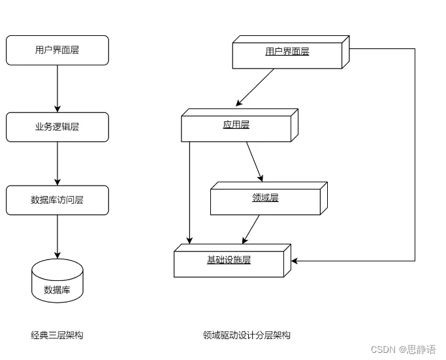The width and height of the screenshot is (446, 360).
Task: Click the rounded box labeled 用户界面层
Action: coord(57,50)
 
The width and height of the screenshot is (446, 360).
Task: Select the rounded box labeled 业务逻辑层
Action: coord(57,127)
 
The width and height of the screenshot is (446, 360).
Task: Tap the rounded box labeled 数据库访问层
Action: coord(57,200)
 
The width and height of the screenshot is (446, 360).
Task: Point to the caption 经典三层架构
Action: coord(57,335)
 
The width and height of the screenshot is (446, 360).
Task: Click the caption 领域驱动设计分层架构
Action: coord(246,335)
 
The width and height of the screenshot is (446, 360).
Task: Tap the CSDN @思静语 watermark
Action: coord(403,350)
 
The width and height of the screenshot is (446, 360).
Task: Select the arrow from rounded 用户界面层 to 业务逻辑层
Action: coord(57,88)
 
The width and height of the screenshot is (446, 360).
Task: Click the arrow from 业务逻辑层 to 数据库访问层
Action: coord(57,163)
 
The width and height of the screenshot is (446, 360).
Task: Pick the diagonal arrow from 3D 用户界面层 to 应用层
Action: coord(255,87)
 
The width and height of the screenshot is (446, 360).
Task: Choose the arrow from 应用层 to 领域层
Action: coord(255,161)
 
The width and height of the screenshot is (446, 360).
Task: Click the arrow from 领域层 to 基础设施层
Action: coord(251,229)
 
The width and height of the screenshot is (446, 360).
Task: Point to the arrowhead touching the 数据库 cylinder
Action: coord(57,255)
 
